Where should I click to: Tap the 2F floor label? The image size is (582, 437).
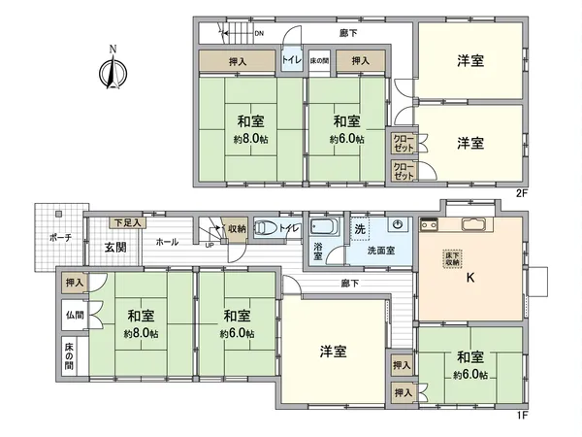521,192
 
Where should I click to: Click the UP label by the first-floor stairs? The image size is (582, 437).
210,244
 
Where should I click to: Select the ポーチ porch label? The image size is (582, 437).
59,238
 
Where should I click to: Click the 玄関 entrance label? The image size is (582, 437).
115,247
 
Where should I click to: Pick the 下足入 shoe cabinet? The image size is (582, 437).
126,223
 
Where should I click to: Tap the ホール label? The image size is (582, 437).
166,242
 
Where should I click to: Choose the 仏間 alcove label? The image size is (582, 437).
75,316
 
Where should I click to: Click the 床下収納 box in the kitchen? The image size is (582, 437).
453,258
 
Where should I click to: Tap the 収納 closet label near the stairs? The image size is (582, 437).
237,229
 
